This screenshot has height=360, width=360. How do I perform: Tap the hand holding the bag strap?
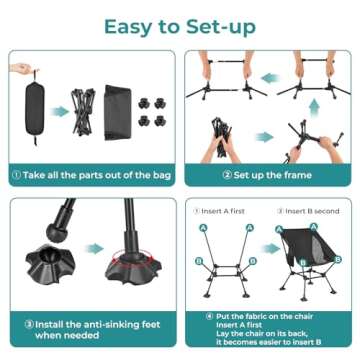pyautogui.click(x=19, y=69)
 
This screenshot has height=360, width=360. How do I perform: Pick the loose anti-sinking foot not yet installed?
pyautogui.click(x=49, y=261)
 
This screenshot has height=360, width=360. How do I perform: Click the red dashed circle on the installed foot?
pyautogui.click(x=131, y=269)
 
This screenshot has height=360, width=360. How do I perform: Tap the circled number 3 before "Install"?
pyautogui.click(x=17, y=323)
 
